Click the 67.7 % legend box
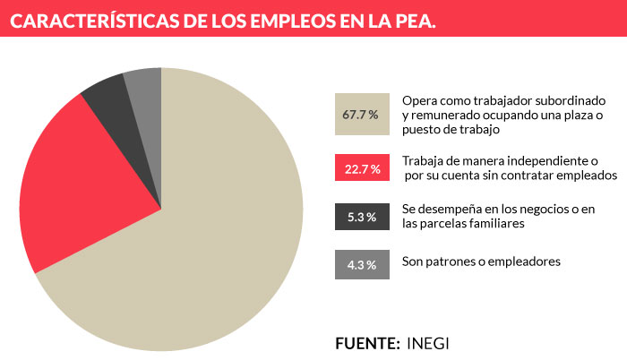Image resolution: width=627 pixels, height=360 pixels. point(361,115)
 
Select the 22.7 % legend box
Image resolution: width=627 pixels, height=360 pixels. point(361,168)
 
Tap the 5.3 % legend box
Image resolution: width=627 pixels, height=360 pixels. point(361,216)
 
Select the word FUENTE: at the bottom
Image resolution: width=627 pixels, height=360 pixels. point(366,343)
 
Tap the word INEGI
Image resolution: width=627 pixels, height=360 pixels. point(430,343)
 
